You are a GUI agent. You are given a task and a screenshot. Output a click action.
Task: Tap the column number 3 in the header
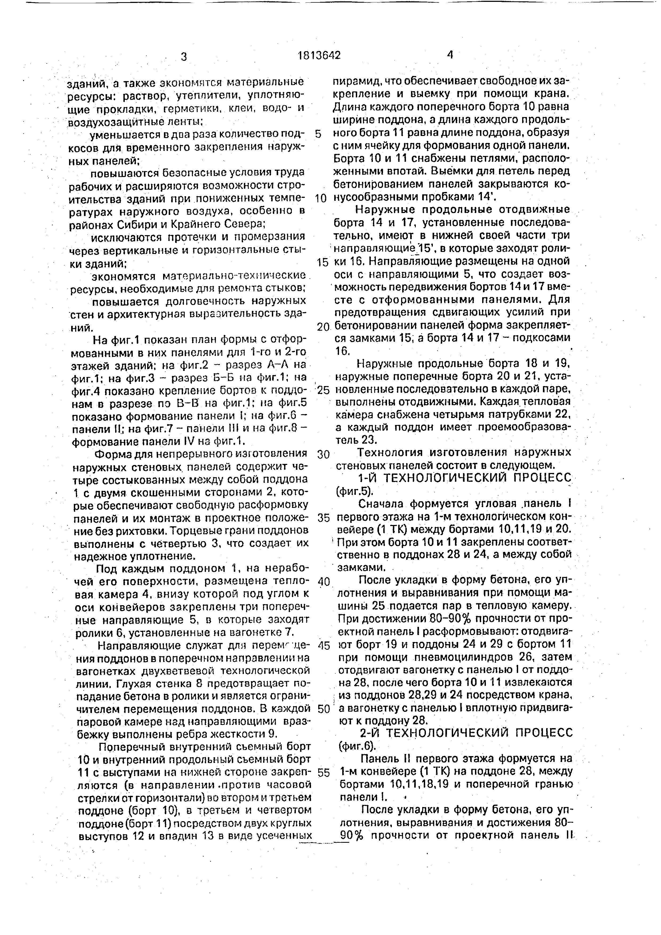184,57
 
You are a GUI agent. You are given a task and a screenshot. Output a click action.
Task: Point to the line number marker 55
323,773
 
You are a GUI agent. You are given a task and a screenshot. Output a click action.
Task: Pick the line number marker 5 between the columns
318,134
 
